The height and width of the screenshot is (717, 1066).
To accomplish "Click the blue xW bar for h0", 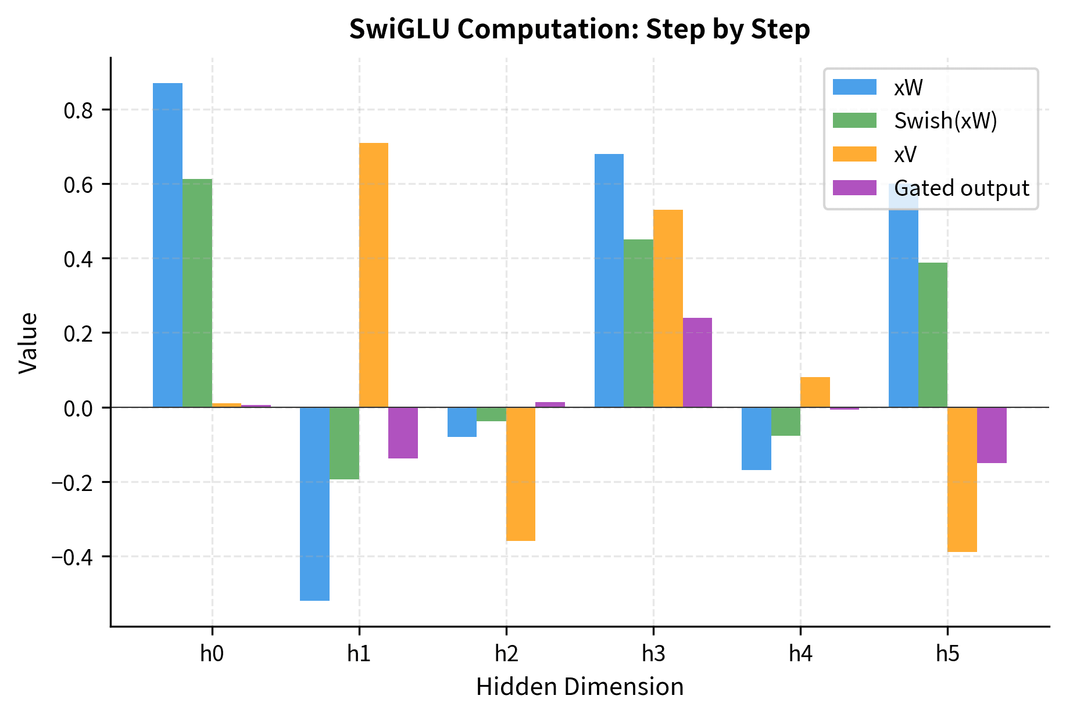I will [167, 245].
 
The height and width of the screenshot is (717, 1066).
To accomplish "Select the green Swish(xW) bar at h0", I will [197, 293].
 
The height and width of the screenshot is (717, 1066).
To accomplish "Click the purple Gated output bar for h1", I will [403, 433].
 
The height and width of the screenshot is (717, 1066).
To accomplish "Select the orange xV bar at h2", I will [521, 474].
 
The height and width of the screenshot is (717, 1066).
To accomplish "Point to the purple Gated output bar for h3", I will [697, 363].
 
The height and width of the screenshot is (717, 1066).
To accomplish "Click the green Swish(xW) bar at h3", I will [638, 323].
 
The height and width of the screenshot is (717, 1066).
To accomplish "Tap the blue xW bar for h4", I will [756, 439].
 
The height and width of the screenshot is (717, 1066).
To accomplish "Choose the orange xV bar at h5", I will [962, 479].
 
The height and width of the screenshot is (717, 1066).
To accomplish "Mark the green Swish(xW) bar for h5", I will [932, 335].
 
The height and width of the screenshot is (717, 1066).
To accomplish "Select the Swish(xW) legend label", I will [946, 121].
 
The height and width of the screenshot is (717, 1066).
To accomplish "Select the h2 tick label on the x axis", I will [506, 654].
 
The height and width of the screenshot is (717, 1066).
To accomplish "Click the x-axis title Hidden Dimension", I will [579, 687].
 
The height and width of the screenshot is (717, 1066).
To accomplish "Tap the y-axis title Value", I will [28, 343].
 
